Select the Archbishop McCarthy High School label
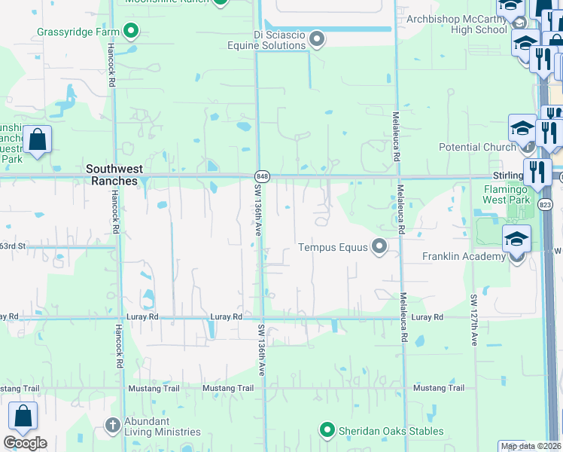point(457,24)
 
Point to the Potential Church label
point(477,147)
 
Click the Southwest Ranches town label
point(111,176)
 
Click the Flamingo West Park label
point(507,194)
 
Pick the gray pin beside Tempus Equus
point(380,246)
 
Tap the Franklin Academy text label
point(464,256)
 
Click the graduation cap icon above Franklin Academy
point(516,239)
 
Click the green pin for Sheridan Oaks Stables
point(327,431)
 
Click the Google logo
point(25,443)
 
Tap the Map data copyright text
point(531,446)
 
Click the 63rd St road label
point(13,246)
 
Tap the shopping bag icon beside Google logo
point(23,417)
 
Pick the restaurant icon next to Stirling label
point(537,171)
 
